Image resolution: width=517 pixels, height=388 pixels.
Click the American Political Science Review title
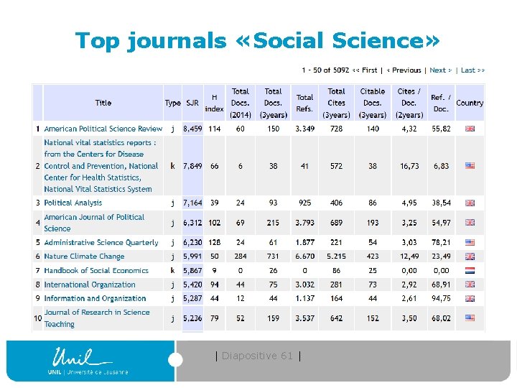(103, 129)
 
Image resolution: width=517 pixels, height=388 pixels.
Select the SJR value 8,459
(192, 129)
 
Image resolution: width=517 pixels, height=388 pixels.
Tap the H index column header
(214, 103)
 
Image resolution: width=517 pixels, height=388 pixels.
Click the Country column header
(470, 103)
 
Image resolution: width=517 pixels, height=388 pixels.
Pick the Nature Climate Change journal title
(84, 257)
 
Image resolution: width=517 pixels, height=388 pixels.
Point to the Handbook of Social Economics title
(96, 271)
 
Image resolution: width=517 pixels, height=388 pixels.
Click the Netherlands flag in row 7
(470, 271)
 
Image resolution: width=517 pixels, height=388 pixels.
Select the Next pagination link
(440, 70)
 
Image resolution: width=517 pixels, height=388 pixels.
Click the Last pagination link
(472, 70)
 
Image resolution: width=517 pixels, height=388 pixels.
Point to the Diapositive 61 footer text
(258, 356)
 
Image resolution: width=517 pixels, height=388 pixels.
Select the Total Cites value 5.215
(336, 257)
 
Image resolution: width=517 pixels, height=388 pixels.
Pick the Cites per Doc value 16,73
(409, 166)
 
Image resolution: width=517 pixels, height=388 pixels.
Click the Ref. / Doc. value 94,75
(441, 299)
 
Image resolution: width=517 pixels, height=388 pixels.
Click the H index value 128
(214, 243)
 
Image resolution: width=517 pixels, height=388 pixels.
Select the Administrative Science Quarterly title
(101, 243)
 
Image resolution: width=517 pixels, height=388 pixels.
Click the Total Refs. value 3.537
(304, 318)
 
